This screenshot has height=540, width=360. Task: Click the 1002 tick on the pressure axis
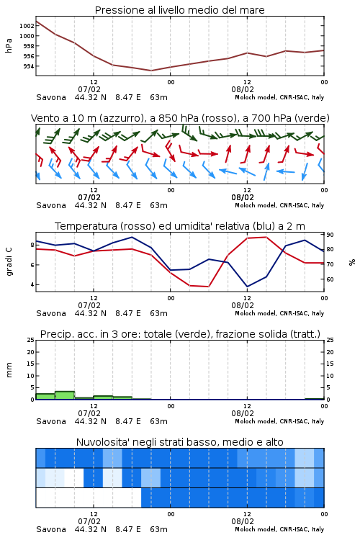[x=27, y=26]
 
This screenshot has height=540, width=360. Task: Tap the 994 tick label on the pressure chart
[x=29, y=66]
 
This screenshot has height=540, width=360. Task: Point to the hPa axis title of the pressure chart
[x=9, y=45]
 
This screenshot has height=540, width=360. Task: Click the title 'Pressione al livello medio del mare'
[x=180, y=10]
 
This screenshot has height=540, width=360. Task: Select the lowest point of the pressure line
[x=151, y=71]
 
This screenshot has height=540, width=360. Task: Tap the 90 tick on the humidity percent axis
[x=330, y=235]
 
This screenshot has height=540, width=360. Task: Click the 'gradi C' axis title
[x=9, y=261]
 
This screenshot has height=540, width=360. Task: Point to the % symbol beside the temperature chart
[x=352, y=262]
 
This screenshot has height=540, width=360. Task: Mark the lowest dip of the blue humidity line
[x=247, y=287]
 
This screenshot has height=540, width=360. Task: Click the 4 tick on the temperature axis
[x=32, y=285]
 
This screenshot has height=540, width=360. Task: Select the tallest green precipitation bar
[x=65, y=395]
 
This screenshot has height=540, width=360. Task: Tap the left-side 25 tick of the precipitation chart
[x=31, y=340]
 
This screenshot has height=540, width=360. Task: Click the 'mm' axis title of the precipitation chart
[x=9, y=370]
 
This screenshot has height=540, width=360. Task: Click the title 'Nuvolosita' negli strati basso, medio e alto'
[x=180, y=442]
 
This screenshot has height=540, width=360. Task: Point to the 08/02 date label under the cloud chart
[x=243, y=521]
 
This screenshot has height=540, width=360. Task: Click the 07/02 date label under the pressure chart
[x=89, y=89]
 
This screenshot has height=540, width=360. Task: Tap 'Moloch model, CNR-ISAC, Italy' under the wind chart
[x=279, y=205]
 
